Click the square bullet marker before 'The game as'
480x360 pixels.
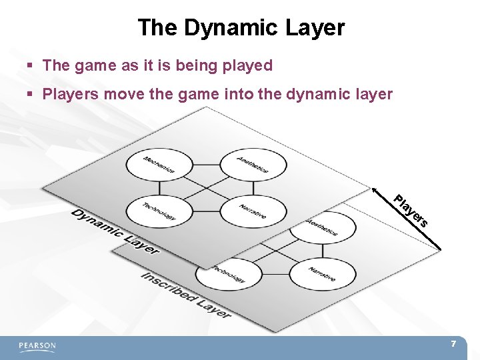point(31,66)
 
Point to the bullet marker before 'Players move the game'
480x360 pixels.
point(31,95)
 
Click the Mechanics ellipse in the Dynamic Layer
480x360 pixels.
point(159,165)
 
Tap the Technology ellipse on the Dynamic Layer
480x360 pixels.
point(159,211)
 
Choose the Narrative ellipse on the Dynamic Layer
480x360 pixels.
point(253,211)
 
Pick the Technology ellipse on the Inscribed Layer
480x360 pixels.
point(229,273)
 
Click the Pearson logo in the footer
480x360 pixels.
point(37,346)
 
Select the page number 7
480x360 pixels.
point(453,344)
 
